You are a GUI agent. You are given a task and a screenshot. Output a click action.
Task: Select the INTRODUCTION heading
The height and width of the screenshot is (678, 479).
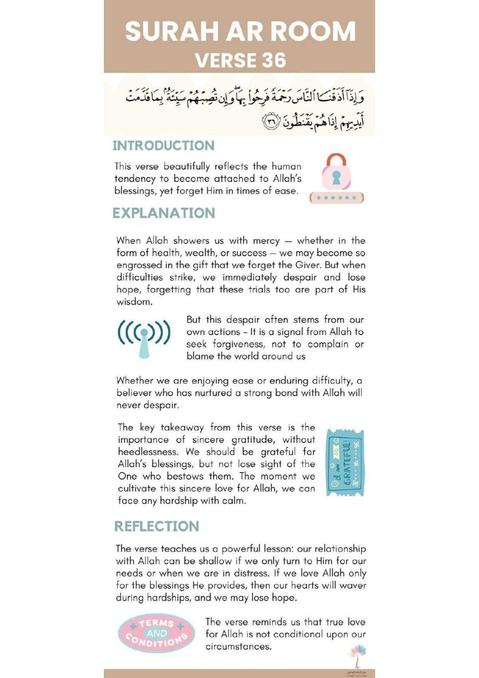click(163, 146)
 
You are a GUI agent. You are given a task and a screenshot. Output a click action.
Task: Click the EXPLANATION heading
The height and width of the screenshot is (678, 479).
click(164, 213)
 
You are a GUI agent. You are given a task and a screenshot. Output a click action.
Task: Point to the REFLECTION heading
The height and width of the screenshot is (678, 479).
click(156, 526)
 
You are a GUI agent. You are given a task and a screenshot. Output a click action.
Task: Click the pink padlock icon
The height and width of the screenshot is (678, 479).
click(336, 172)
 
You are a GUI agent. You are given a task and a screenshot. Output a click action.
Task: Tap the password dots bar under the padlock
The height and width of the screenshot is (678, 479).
click(336, 198)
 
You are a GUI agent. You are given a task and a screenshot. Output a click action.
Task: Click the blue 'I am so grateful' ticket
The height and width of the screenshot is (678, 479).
click(345, 462)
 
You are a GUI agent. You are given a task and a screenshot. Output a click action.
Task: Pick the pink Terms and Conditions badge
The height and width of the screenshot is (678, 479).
click(156, 633)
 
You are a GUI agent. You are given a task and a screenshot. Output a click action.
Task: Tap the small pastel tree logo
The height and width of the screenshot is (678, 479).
click(357, 654)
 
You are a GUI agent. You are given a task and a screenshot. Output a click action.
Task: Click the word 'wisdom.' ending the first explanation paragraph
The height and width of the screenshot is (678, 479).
click(134, 302)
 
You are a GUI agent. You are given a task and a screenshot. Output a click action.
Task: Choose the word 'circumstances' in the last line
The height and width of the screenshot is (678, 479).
click(238, 647)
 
